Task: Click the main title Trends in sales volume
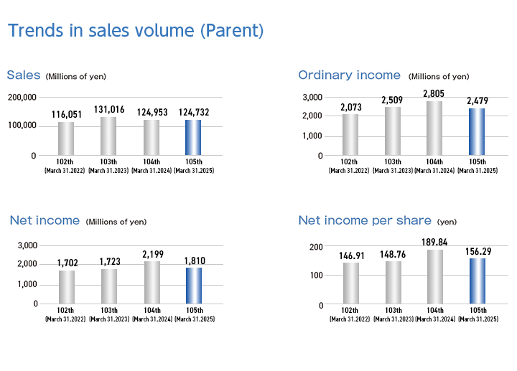point(136,31)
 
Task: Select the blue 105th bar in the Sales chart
point(193,137)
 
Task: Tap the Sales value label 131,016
point(109,109)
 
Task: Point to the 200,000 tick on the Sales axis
point(22,97)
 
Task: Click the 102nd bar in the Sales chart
point(66,138)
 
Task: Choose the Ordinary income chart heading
point(349,75)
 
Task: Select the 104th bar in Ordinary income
point(434,128)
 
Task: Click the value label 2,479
point(477,100)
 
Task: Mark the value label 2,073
point(351,107)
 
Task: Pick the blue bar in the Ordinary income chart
point(477,132)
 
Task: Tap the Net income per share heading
point(365,220)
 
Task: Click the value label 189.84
point(434,242)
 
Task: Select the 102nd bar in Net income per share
point(351,283)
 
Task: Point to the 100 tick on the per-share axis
point(316,275)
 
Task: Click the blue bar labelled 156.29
point(478,281)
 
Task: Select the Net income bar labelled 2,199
point(152,282)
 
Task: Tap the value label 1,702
point(67,263)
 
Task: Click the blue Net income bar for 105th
point(194,286)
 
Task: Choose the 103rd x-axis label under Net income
point(109,314)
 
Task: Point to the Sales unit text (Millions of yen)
point(76,77)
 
